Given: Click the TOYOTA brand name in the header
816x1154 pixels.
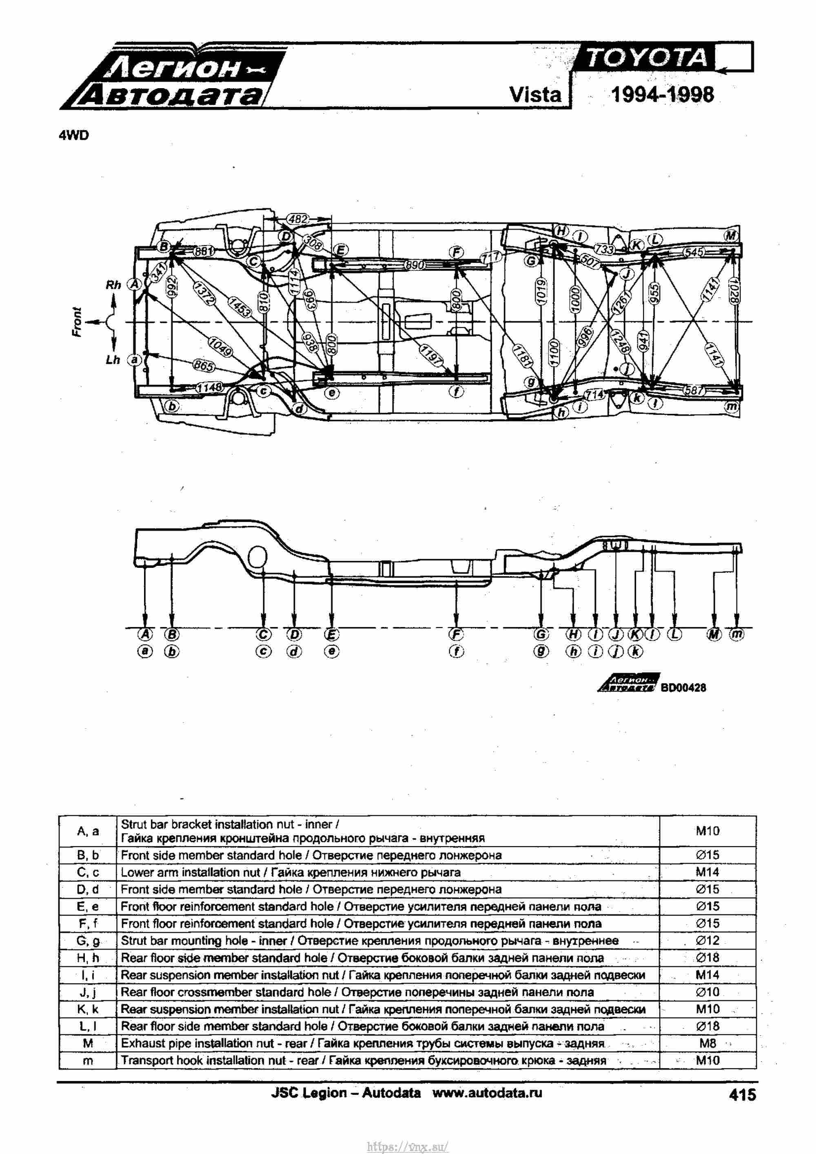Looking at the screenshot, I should pos(647,58).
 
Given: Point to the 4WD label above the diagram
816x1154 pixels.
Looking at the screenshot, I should pos(73,135).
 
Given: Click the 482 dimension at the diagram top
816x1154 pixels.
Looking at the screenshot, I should pos(297,219).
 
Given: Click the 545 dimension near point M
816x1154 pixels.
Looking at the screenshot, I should pos(694,252).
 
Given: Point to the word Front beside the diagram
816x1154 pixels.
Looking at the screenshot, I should pos(76,322).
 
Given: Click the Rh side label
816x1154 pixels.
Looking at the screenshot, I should pos(113,285).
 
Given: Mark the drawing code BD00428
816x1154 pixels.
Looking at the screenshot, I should pos(683,687).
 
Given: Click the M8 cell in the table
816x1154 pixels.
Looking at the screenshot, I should pos(707,1043).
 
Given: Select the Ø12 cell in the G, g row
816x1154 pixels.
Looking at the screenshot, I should pos(707,941).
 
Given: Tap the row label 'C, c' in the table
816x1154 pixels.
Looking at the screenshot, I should pos(88,872).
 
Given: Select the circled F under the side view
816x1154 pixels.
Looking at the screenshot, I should pos(456,634).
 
